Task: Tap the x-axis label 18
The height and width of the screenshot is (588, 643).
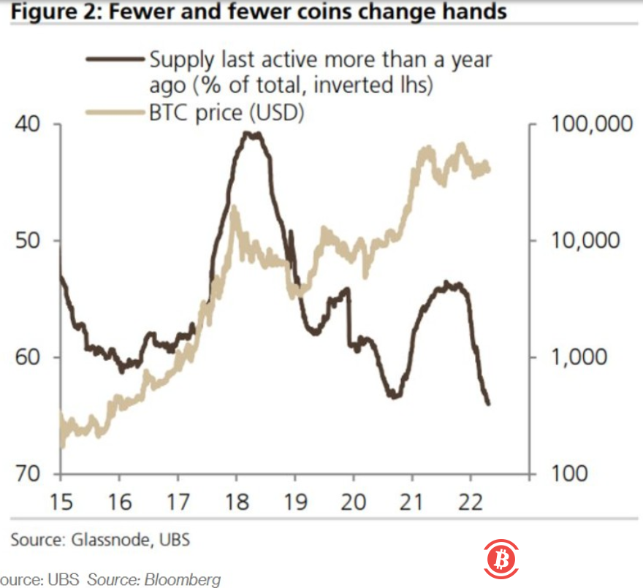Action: [x=235, y=503]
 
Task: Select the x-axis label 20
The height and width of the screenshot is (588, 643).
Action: [x=353, y=503]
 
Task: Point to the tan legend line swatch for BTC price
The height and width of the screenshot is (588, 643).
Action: [x=115, y=112]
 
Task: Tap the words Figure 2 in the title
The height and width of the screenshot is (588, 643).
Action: [x=43, y=12]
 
